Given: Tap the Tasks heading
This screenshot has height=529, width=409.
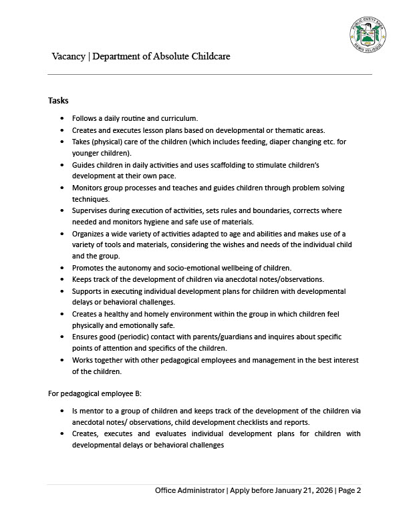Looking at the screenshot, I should [58, 100].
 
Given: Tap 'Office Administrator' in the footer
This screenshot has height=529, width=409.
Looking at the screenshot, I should [190, 490].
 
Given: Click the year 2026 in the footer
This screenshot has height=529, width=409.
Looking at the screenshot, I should [322, 490].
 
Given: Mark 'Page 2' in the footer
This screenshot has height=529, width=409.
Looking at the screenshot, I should [350, 490].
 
